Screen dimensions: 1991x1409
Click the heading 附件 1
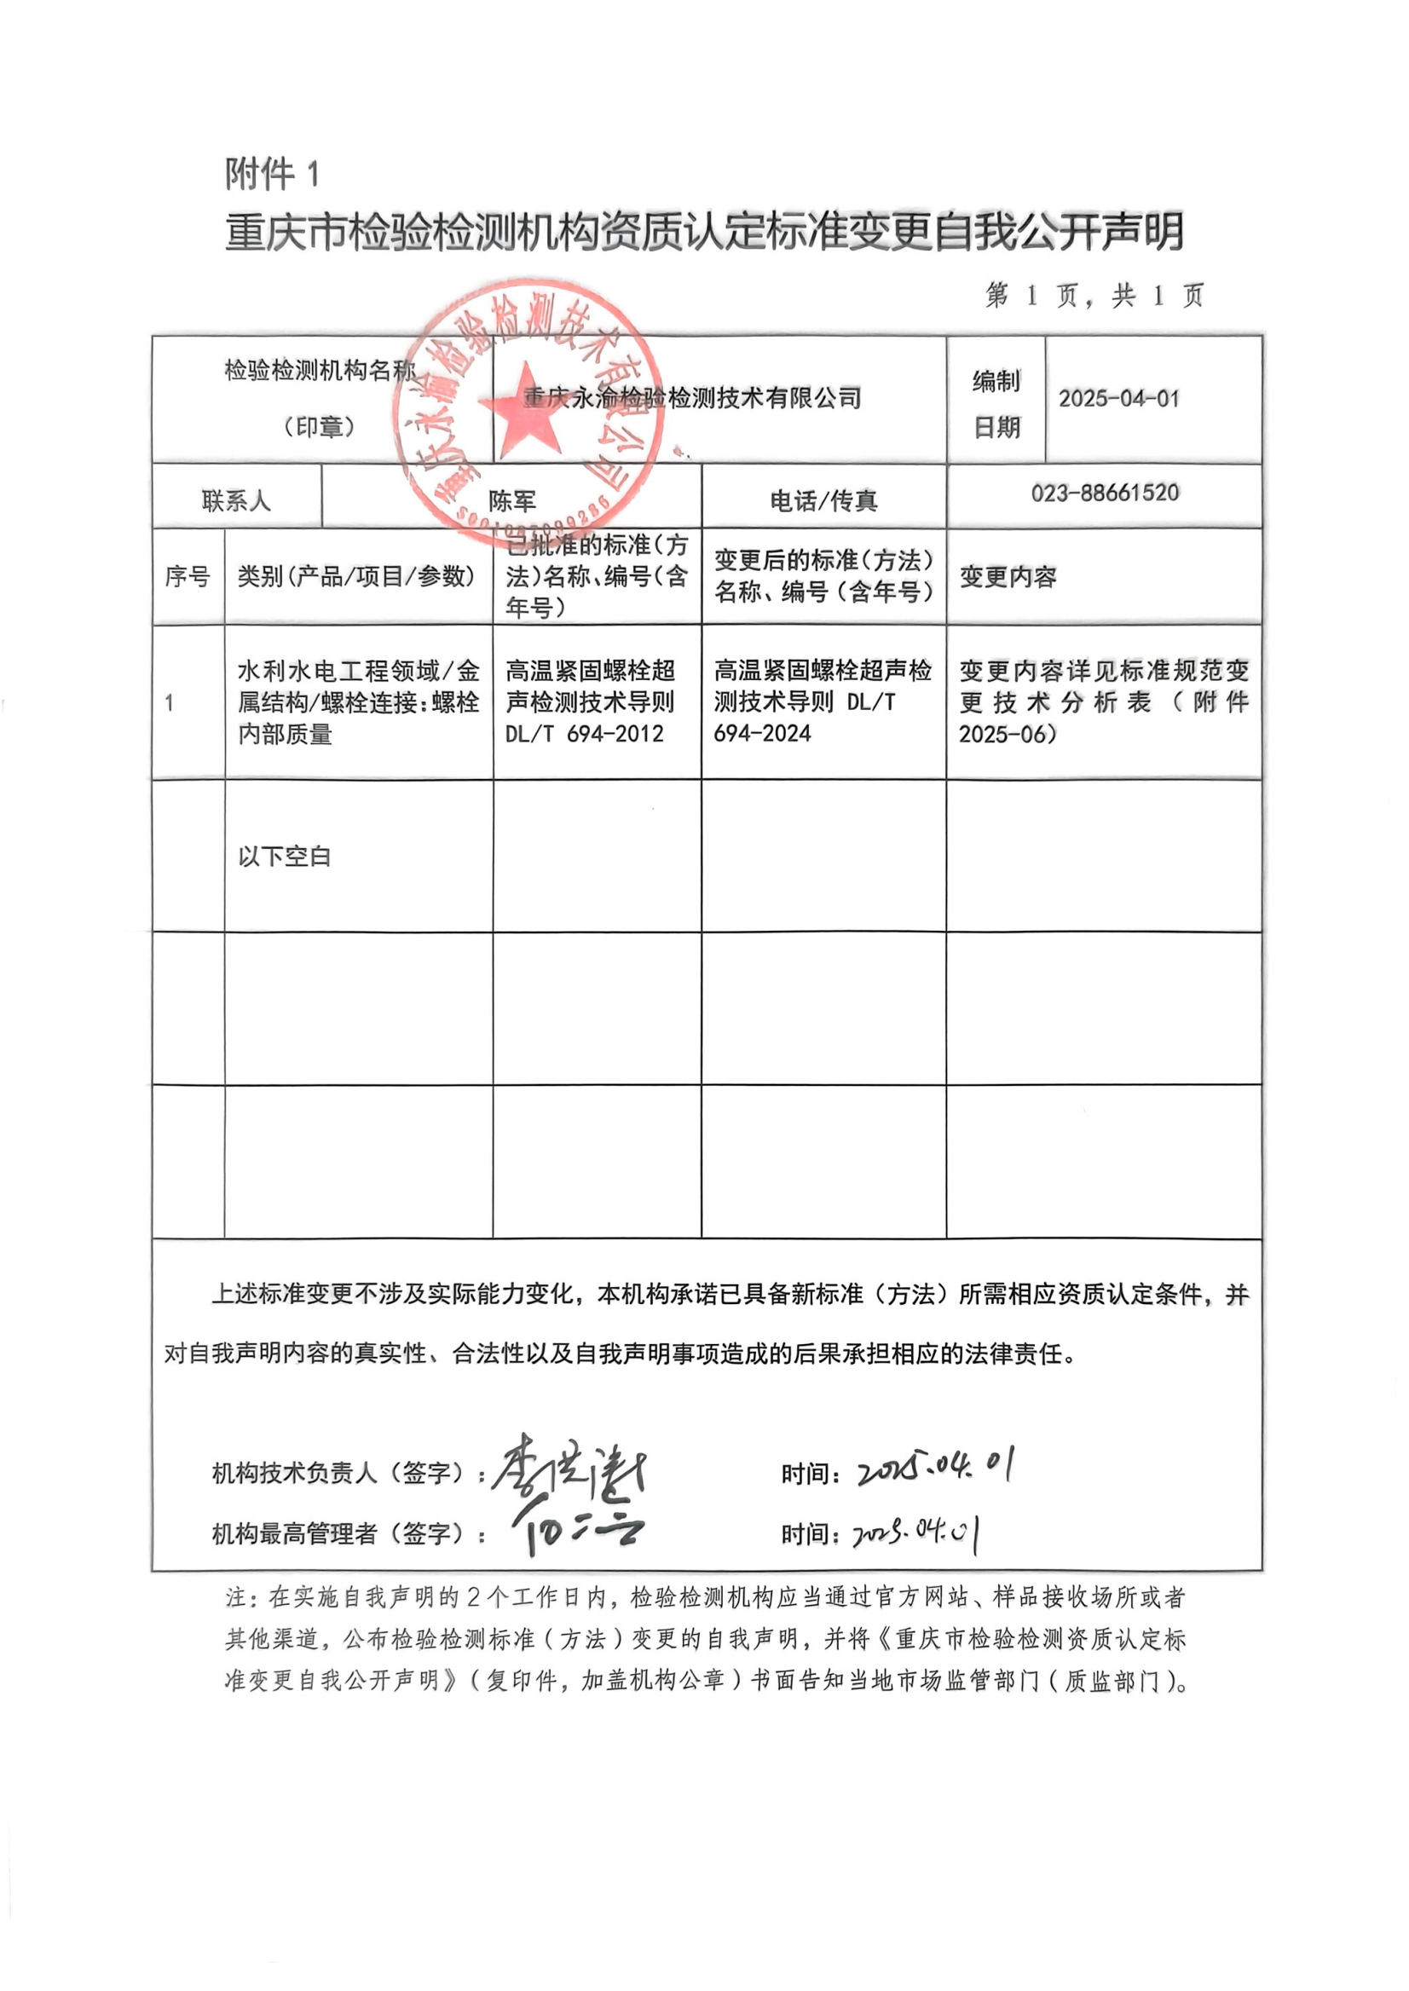click(273, 175)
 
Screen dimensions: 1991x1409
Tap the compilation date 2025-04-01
click(1118, 399)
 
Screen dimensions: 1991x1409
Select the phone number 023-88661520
click(1105, 493)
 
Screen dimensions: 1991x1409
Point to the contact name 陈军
click(512, 500)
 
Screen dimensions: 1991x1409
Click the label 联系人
click(236, 500)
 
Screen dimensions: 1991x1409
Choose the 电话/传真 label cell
click(823, 500)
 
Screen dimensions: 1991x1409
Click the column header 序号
click(188, 576)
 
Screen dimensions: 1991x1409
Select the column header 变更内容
click(1008, 577)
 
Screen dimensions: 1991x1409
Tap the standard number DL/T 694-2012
click(584, 734)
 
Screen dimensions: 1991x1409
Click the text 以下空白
click(285, 857)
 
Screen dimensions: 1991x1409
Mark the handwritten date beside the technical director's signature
click(935, 1468)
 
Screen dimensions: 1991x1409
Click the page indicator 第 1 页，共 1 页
click(1094, 297)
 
